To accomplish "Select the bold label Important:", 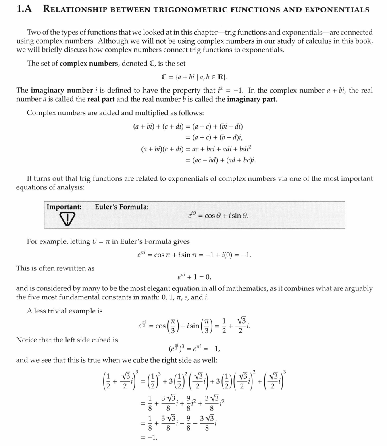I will [x=64, y=207].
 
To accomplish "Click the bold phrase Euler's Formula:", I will [x=121, y=207].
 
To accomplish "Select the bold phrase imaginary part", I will [x=252, y=99].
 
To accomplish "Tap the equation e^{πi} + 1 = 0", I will [x=194, y=277].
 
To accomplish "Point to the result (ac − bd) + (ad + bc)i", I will [x=220, y=160].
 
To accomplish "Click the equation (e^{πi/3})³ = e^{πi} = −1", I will [x=194, y=349].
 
